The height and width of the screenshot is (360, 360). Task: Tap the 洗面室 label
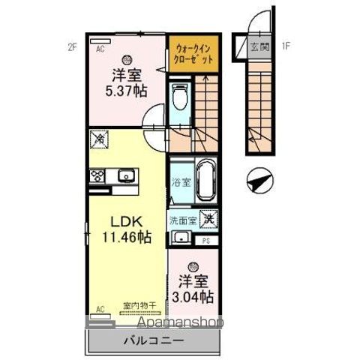click(181, 220)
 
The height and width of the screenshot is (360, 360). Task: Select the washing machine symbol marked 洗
click(209, 220)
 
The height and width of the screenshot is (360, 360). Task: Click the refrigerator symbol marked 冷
click(97, 139)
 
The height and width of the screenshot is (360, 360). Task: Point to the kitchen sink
click(125, 177)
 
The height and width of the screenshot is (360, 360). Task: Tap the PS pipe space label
click(206, 241)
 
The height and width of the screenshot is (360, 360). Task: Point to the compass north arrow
click(257, 180)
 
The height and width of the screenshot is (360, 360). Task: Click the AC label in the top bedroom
click(98, 46)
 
